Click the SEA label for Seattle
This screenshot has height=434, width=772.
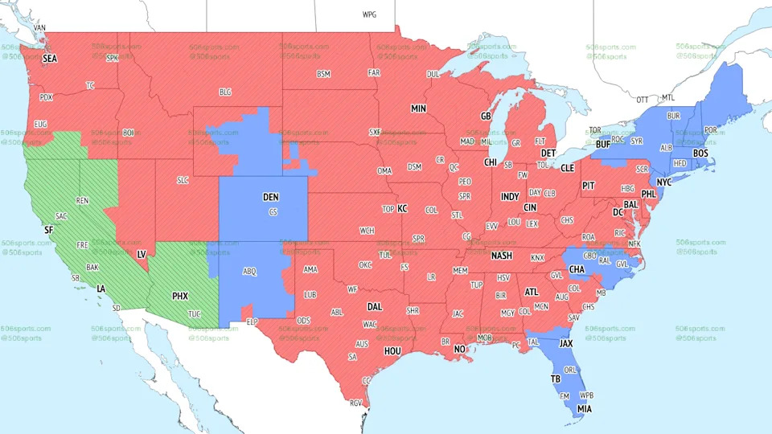(x=50, y=59)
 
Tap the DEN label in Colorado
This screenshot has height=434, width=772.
(x=271, y=196)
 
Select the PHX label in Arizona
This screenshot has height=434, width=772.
(x=180, y=296)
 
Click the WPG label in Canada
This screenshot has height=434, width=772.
(x=369, y=14)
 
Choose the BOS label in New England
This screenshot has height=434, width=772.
(x=701, y=153)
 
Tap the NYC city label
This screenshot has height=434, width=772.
(x=663, y=182)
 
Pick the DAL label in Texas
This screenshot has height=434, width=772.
(x=375, y=306)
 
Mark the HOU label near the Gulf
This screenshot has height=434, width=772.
(x=392, y=350)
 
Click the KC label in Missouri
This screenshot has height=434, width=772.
(x=403, y=208)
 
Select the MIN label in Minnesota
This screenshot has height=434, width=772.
(x=418, y=108)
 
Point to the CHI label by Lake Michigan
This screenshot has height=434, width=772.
(x=491, y=162)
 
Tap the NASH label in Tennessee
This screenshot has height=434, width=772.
(x=502, y=256)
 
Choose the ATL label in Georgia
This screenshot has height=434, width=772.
(x=532, y=292)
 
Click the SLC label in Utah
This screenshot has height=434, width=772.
(x=183, y=180)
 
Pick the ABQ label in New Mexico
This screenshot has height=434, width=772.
(x=249, y=272)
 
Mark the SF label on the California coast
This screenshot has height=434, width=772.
(x=48, y=230)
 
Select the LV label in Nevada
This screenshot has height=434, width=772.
(x=142, y=254)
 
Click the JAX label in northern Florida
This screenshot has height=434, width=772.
(x=566, y=343)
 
